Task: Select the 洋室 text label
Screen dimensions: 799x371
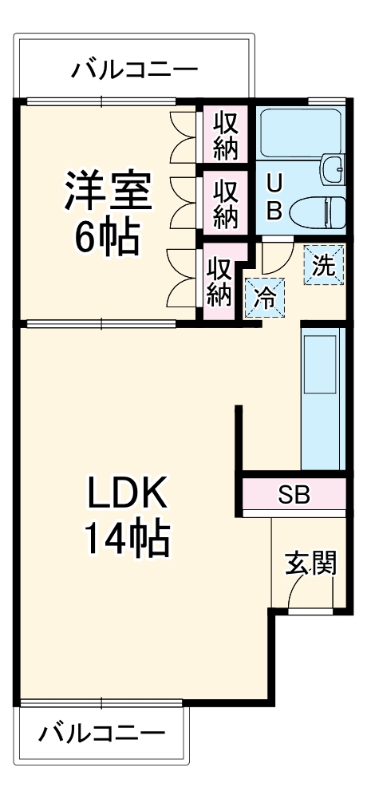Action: (109, 192)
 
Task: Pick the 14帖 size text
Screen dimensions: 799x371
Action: (128, 542)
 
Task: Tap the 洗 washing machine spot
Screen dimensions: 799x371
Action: (323, 265)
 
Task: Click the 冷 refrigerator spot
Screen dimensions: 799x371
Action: (264, 299)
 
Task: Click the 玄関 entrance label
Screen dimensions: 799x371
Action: (311, 564)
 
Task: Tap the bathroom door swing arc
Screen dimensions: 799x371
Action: (271, 255)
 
